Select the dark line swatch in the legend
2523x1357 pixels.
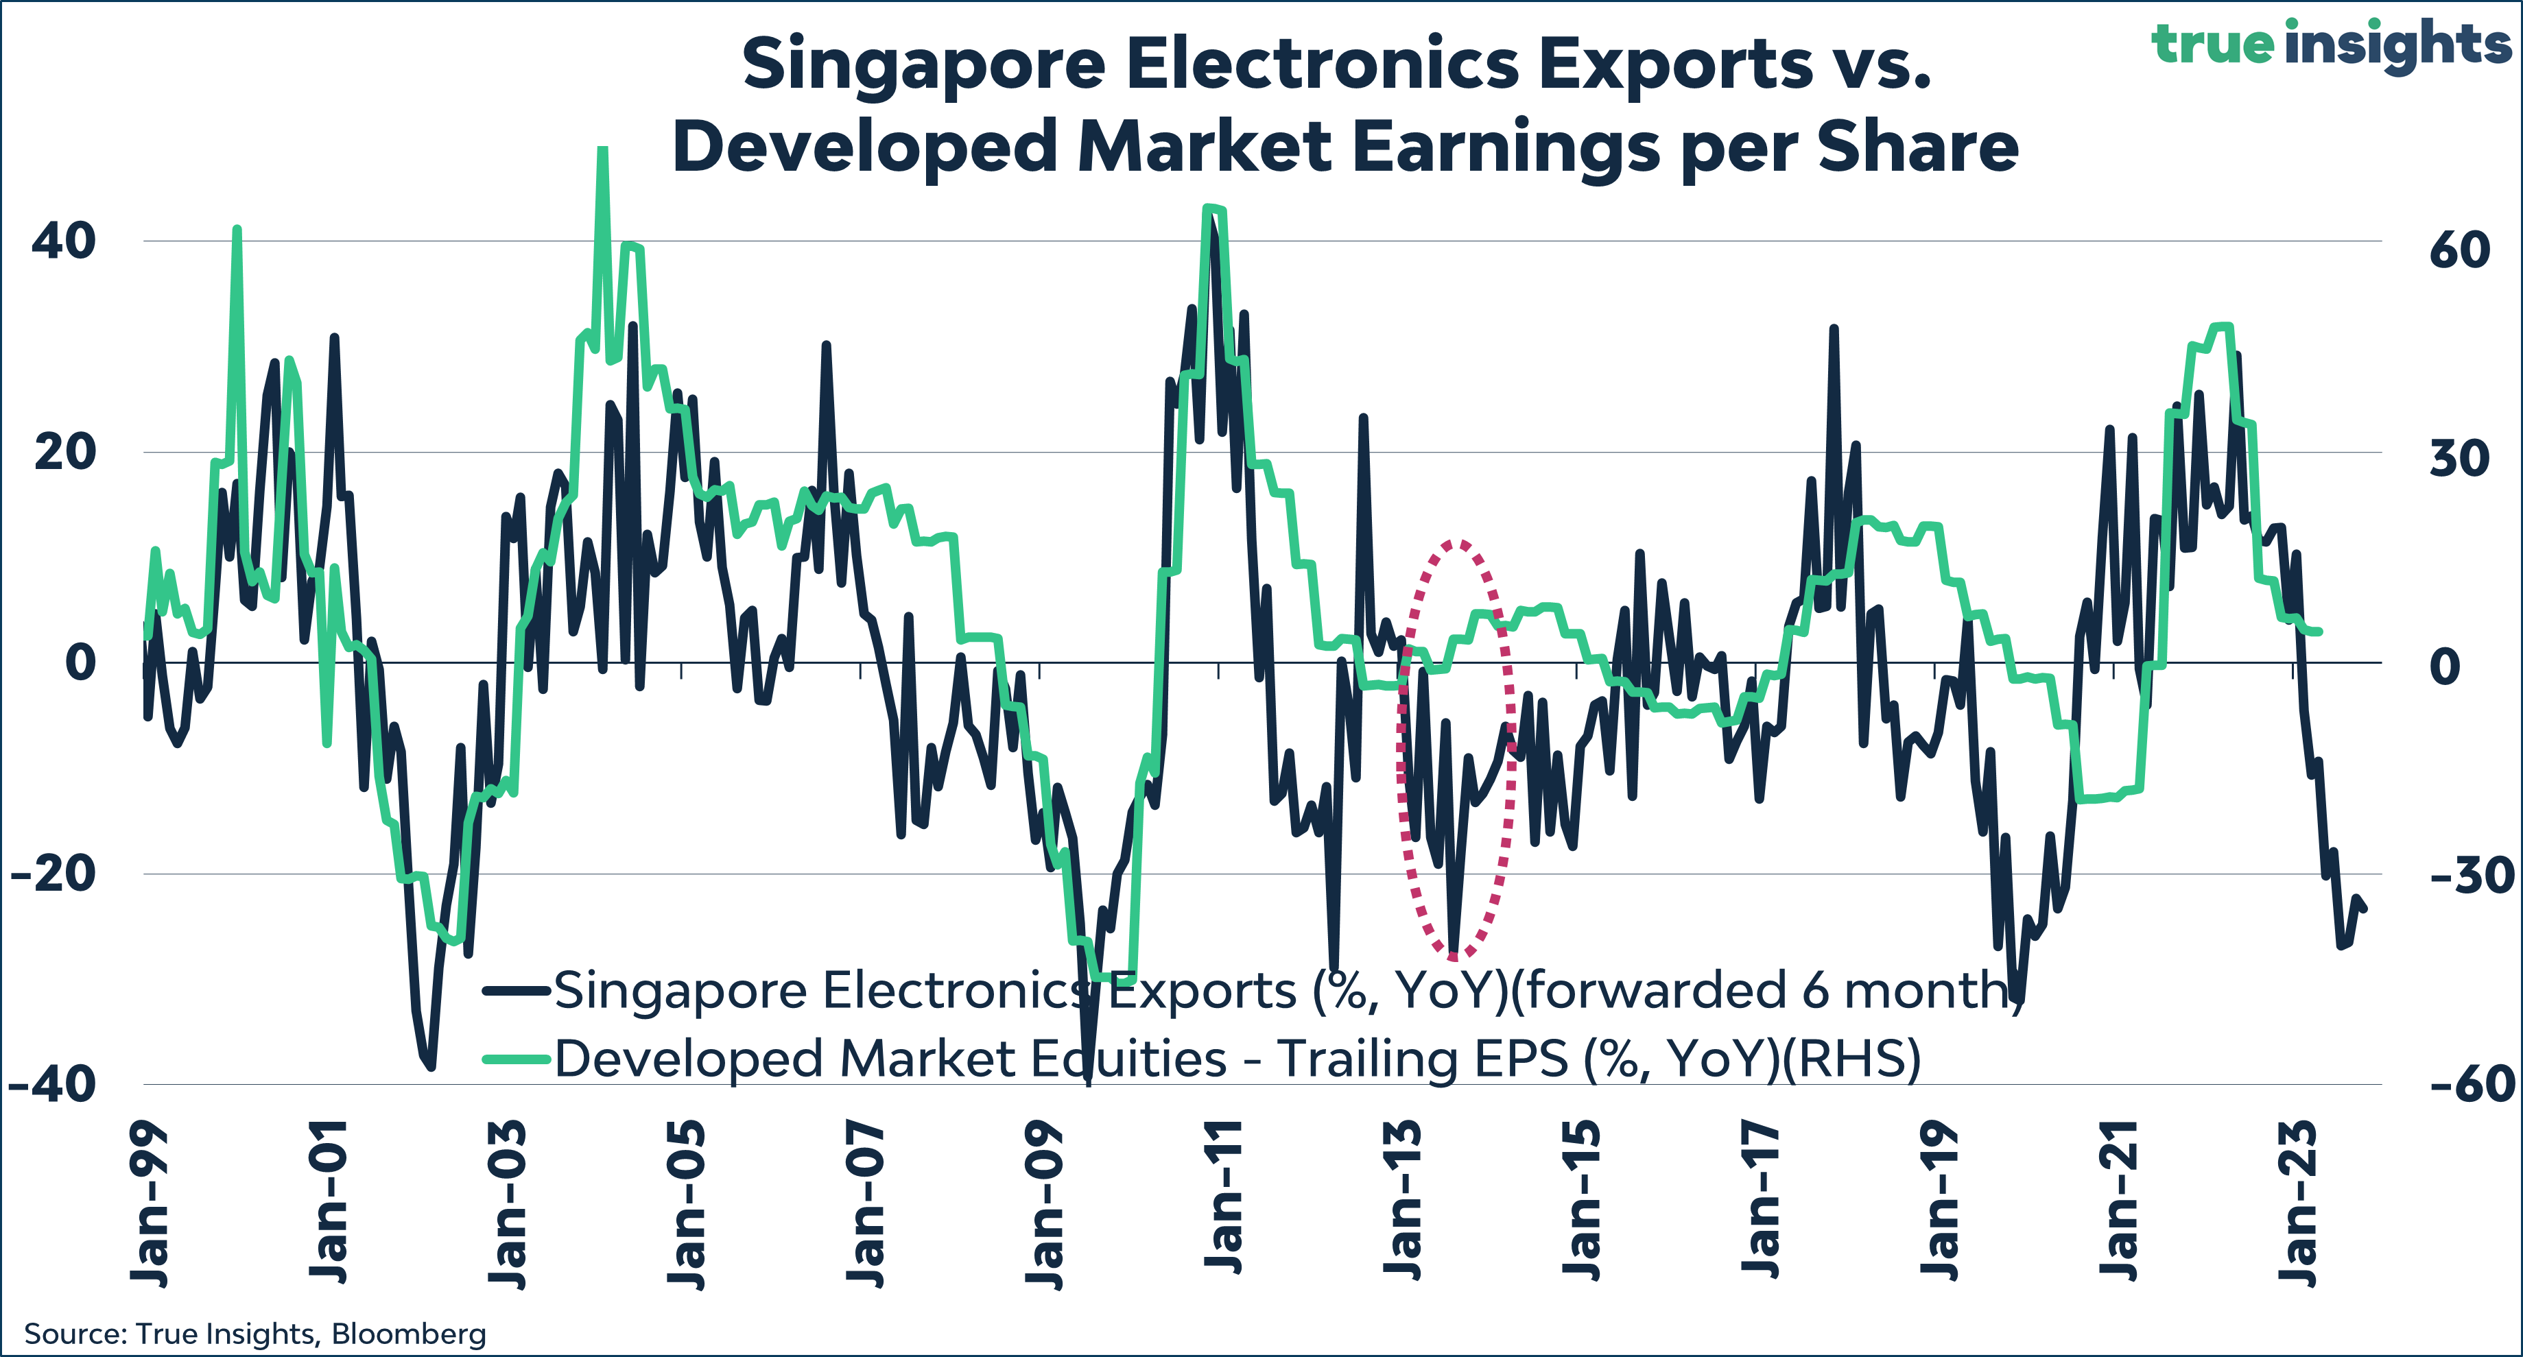(516, 991)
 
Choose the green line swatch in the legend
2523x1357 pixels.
(516, 1059)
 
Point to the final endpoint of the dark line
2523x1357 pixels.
(2365, 909)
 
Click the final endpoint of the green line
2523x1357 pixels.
(2320, 632)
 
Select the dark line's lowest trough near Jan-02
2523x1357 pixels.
(431, 1067)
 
